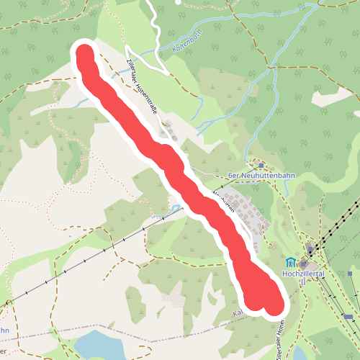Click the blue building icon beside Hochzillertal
290,263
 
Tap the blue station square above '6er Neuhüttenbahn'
261,165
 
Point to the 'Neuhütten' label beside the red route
225,200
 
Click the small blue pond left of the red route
176,210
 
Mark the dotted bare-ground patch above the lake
173,296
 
